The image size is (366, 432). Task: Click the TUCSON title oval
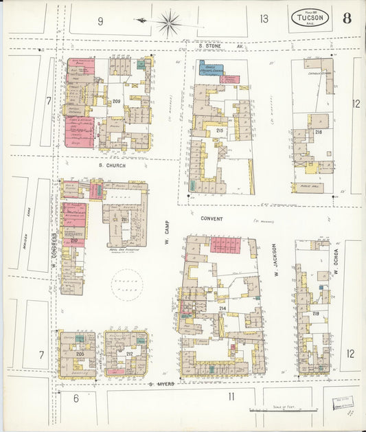(x=310, y=18)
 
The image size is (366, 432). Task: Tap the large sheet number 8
(x=347, y=18)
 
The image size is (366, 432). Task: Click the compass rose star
(x=168, y=22)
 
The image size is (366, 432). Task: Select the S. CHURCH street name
(x=112, y=165)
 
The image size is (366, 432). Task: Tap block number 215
(x=220, y=130)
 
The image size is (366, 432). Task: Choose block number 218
(x=318, y=132)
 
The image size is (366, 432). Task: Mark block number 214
(x=222, y=308)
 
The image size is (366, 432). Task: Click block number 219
(x=315, y=313)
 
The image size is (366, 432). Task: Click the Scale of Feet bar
(x=284, y=410)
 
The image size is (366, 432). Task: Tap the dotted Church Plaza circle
(x=128, y=284)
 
